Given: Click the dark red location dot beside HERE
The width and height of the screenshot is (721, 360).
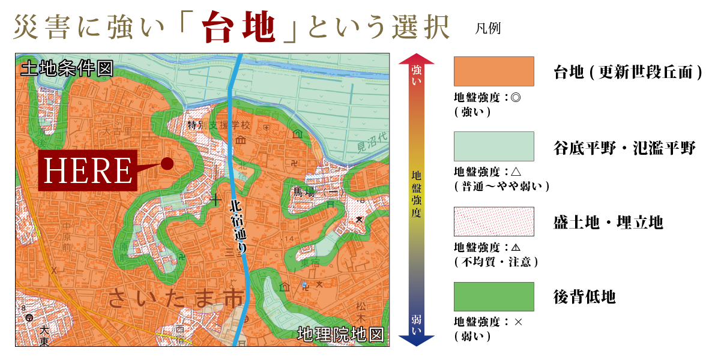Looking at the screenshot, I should tap(167, 163).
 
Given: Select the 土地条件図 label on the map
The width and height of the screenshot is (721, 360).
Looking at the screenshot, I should tap(66, 68).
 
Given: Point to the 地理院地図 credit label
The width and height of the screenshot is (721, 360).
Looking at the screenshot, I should tap(340, 334).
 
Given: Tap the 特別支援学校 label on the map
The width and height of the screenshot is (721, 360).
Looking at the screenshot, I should tap(219, 126).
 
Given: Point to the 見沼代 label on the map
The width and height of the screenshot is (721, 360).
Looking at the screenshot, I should tap(372, 143).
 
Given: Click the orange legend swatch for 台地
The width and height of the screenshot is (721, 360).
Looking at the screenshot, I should tap(494, 72).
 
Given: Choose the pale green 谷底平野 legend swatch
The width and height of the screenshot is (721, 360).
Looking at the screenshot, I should tap(494, 146).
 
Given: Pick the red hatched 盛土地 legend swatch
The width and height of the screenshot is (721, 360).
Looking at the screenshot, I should tap(494, 221).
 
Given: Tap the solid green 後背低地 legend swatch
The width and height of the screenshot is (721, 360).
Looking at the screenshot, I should tap(494, 296).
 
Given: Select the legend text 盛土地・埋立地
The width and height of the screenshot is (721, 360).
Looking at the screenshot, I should tap(608, 223).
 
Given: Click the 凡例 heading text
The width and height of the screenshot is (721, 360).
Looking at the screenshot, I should tap(487, 29).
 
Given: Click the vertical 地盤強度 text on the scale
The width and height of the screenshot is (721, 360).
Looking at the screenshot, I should tap(417, 196).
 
